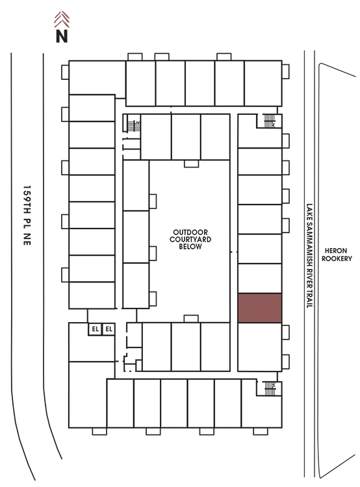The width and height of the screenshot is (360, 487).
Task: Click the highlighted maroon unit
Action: tap(260, 308)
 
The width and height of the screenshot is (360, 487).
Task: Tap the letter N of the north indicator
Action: tap(62, 36)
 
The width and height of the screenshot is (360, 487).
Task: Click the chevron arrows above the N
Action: tap(62, 19)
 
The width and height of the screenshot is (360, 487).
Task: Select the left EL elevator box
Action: tap(95, 329)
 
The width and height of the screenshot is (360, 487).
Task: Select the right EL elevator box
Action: tap(109, 329)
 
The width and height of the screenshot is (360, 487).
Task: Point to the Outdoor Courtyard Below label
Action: tap(190, 240)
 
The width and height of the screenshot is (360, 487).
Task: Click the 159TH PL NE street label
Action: tap(27, 216)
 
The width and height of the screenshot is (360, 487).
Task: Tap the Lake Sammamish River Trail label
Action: tap(309, 256)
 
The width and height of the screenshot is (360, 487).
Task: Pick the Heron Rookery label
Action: tap(337, 255)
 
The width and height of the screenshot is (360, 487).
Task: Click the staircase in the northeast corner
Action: tap(270, 121)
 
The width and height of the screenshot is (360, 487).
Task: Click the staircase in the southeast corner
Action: tap(270, 388)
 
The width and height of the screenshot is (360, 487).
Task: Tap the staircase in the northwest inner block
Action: tap(134, 126)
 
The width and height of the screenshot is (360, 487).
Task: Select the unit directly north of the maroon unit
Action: tap(260, 279)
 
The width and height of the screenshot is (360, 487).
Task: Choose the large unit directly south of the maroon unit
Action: tap(260, 347)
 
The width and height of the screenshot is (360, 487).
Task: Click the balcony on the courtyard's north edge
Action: tap(191, 164)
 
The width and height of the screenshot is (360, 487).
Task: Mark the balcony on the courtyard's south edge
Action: tap(191, 319)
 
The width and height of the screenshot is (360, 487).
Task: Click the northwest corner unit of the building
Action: tap(97, 77)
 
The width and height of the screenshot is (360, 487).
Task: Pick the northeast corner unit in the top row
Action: tap(263, 83)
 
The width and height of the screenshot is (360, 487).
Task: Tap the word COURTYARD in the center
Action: tap(190, 240)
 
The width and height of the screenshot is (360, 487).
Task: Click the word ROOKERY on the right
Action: tap(337, 258)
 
